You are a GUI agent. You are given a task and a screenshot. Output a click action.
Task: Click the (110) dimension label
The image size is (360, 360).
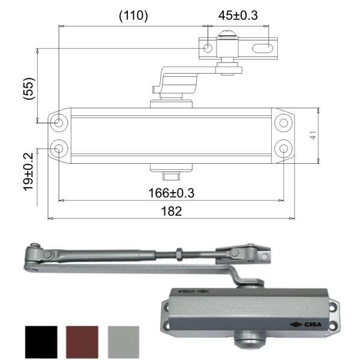click(133, 16)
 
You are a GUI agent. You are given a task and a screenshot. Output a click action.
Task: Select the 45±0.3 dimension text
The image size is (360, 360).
click(238, 16)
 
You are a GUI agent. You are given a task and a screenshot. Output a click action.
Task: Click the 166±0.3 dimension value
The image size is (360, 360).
click(171, 193)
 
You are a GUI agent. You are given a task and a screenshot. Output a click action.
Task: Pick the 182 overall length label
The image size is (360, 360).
click(171, 212)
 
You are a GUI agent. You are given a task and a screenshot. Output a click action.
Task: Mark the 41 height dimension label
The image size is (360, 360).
click(313, 136)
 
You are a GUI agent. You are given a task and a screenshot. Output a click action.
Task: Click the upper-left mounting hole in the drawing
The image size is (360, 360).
click(59, 122)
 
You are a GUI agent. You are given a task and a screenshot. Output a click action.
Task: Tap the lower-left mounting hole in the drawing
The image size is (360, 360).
click(59, 148)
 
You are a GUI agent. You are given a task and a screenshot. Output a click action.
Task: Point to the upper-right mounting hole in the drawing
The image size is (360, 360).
click(283, 122)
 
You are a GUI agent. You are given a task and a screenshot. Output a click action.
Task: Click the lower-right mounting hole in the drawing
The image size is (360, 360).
click(283, 148)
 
